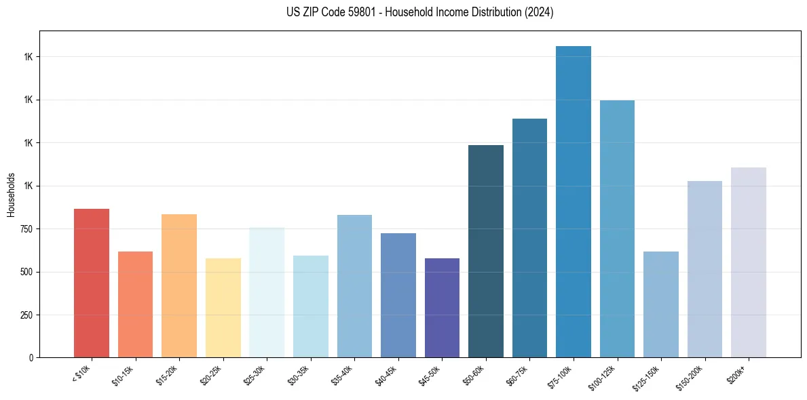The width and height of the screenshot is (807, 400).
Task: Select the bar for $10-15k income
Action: coord(135,304)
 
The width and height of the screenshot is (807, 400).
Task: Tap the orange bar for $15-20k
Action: coord(179,285)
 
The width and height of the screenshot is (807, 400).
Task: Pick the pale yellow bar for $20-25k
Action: coord(223,308)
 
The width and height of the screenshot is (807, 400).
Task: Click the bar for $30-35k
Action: coord(311,306)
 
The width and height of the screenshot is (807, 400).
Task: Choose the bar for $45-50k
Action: coord(398,308)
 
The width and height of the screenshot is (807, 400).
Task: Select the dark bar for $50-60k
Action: coord(486,251)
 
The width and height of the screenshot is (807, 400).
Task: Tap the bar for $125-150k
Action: coord(661,304)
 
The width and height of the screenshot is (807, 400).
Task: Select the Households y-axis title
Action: coord(11,194)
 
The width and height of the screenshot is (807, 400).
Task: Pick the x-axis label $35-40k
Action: coord(342,375)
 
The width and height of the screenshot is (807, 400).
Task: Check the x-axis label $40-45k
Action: coord(386,375)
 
